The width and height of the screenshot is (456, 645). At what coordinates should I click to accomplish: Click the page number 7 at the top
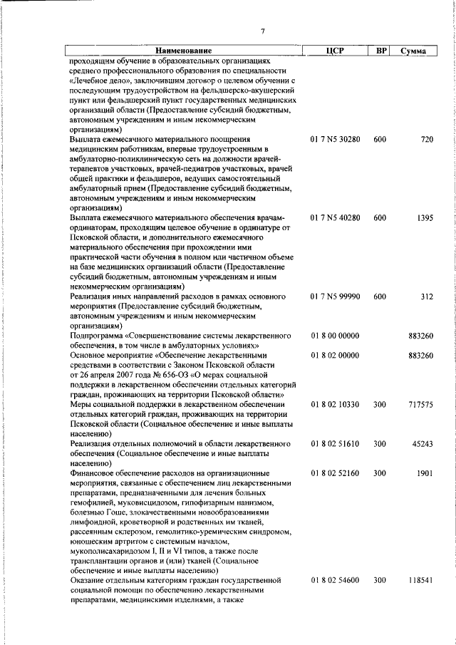click(x=263, y=31)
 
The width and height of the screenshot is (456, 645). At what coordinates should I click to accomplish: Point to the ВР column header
click(x=380, y=51)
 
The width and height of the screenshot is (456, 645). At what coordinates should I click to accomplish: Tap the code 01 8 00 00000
click(x=334, y=335)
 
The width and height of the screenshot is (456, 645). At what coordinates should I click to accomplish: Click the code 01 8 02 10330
click(x=334, y=404)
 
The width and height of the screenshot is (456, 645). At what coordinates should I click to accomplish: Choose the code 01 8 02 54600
click(x=334, y=581)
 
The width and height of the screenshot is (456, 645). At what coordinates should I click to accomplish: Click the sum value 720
click(x=426, y=139)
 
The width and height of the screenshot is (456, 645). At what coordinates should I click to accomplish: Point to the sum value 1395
click(x=423, y=217)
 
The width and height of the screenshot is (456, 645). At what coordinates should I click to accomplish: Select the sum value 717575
click(x=420, y=404)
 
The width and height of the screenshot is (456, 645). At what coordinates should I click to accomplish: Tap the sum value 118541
click(x=420, y=581)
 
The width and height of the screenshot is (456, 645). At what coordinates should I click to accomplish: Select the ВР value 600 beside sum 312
click(x=380, y=295)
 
